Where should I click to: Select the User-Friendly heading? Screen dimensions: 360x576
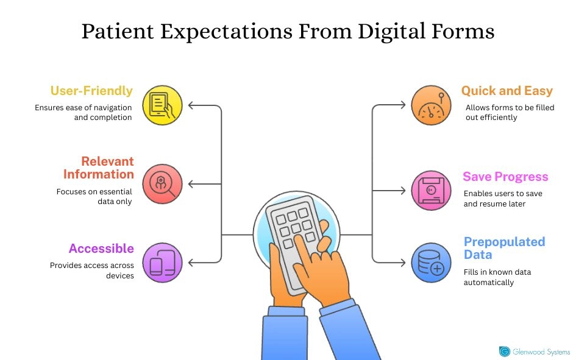point(91,91)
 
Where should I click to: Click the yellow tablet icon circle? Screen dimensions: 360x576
point(162,105)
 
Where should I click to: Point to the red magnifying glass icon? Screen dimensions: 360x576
point(162,184)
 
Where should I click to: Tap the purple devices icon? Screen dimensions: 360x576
point(162,263)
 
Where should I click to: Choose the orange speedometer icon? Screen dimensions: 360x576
point(431,105)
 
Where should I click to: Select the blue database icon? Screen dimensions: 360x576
point(431,263)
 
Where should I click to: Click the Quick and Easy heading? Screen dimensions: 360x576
point(507,91)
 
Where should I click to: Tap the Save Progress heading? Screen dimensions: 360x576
point(505,177)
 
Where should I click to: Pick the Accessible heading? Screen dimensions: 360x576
point(101,248)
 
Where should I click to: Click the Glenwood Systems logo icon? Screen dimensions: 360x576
point(505,351)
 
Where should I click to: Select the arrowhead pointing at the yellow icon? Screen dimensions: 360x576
point(191,105)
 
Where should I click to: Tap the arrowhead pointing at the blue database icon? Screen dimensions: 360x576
point(402,263)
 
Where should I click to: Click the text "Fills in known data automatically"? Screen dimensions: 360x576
point(497,277)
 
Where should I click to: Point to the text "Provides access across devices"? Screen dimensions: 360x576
point(92,270)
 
